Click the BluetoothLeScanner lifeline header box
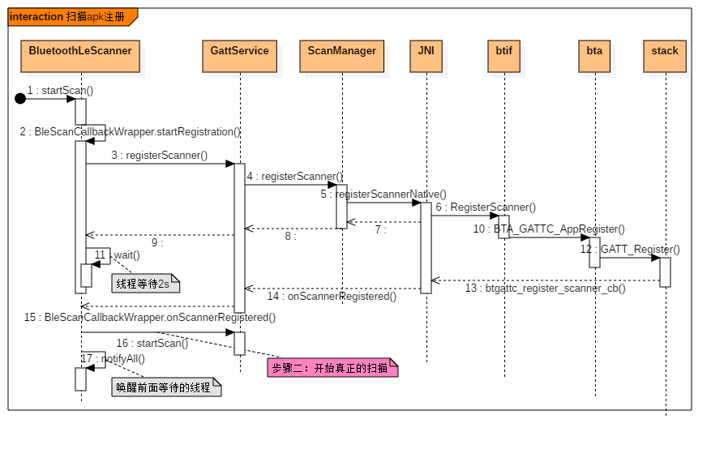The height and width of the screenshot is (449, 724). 80,56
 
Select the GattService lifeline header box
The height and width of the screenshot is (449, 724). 239,56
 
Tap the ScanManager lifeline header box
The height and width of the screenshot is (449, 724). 341,56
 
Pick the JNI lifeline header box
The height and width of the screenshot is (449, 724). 426,56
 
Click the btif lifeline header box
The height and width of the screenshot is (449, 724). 503,56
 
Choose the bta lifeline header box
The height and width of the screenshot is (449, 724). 594,56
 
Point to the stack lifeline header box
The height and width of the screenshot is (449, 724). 664,56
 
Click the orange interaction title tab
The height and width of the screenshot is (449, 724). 71,17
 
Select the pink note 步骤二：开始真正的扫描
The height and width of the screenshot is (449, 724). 332,368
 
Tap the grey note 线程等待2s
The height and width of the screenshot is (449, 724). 145,284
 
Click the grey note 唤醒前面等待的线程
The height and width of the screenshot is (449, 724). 165,387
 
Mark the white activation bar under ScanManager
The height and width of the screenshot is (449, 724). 341,207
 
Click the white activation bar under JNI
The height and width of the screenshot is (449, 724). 426,247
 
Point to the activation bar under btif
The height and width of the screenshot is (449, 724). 503,227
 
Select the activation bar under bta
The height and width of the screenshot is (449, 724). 594,252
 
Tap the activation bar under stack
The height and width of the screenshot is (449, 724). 665,272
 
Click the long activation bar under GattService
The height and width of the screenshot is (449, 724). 239,237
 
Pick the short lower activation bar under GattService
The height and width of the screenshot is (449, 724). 239,344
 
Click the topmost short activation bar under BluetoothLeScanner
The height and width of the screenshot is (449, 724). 80,112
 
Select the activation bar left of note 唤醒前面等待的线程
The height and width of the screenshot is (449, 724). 80,379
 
